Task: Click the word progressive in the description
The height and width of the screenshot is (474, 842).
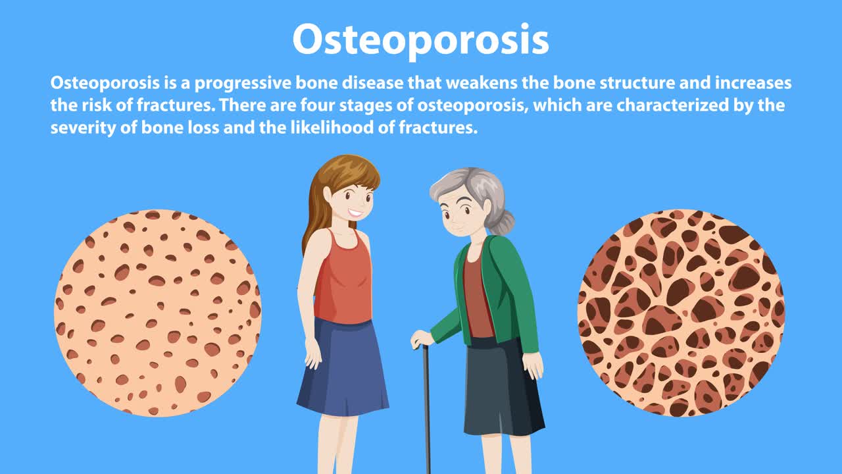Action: coord(243,84)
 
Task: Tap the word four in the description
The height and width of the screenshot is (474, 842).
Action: coord(317,105)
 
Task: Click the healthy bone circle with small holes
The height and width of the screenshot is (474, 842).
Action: coord(157,313)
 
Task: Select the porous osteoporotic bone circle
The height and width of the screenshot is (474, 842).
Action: coord(681,313)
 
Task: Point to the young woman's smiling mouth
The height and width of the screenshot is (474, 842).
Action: coord(355,213)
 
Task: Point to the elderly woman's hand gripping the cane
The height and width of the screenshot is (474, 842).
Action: coord(421,338)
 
